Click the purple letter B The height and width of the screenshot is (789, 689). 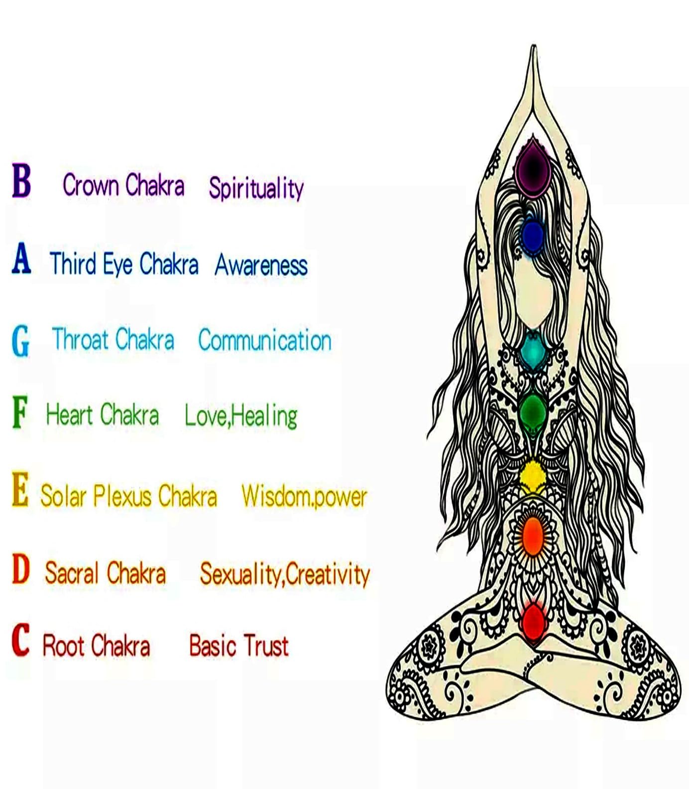point(21,180)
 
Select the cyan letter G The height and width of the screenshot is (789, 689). point(20,341)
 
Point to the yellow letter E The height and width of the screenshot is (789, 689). point(20,490)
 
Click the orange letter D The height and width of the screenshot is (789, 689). point(21,569)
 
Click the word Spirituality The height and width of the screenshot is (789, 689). point(256,188)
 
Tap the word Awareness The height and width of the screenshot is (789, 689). point(261,265)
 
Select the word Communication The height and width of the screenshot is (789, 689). point(265,341)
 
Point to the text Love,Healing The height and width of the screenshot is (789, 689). point(241,416)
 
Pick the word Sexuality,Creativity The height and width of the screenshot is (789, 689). point(285,574)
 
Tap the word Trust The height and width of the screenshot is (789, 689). point(263,646)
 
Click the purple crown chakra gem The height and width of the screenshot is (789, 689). point(532,168)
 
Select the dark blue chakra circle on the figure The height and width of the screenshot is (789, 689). point(532,236)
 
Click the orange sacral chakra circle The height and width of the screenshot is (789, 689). point(533,536)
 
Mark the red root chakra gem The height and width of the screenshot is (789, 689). point(533,621)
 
